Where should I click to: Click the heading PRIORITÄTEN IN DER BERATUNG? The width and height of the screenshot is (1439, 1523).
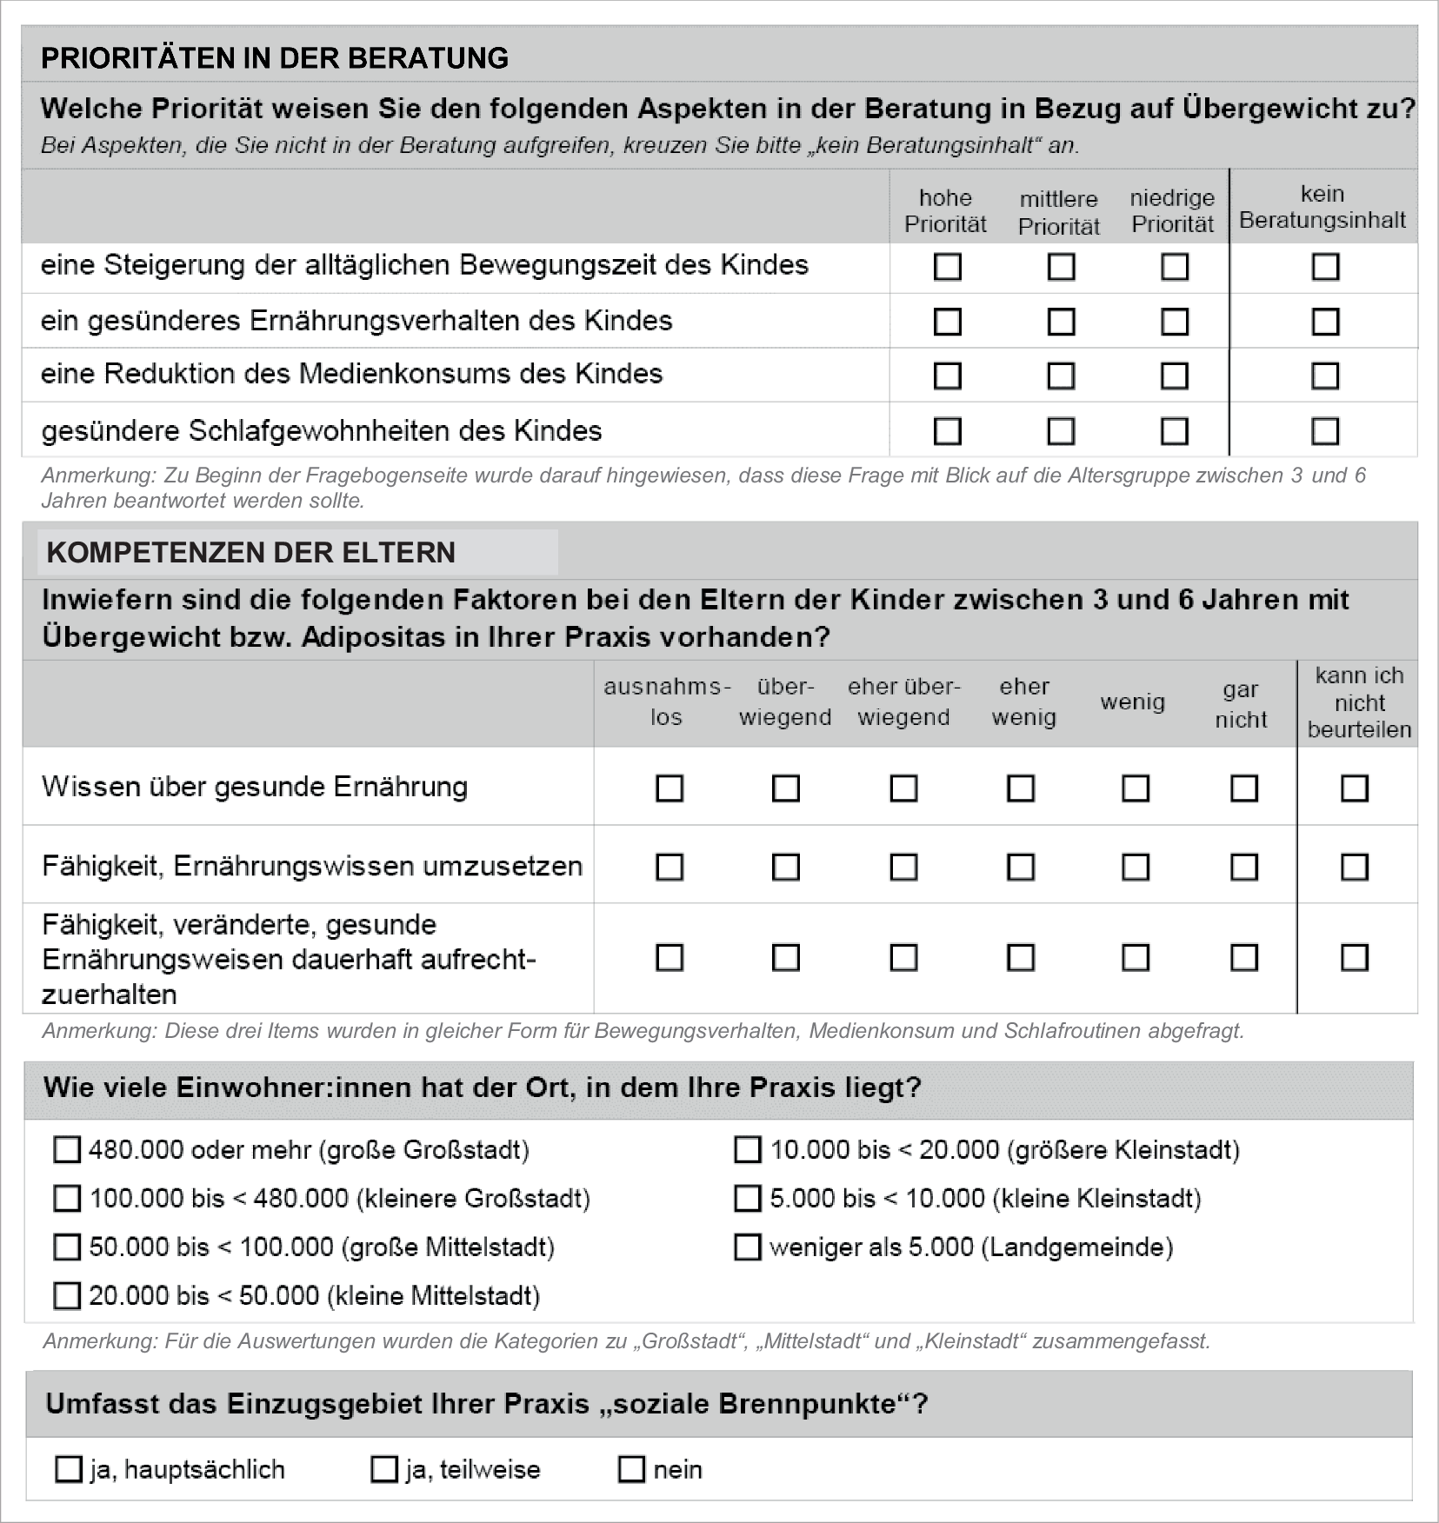pyautogui.click(x=275, y=58)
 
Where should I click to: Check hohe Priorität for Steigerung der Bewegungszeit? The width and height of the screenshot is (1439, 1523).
pyautogui.click(x=947, y=266)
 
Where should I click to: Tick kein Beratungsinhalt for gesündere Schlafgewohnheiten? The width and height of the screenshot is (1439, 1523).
pyautogui.click(x=1324, y=431)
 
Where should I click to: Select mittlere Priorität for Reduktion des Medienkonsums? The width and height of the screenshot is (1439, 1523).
pyautogui.click(x=1060, y=376)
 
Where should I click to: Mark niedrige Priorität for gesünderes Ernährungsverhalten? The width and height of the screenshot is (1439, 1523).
pyautogui.click(x=1174, y=322)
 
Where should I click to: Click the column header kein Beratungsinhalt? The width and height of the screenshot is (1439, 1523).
pyautogui.click(x=1322, y=207)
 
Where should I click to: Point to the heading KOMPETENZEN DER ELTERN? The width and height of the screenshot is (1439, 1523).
pyautogui.click(x=250, y=553)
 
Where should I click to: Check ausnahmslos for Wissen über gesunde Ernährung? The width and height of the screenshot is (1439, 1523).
pyautogui.click(x=669, y=788)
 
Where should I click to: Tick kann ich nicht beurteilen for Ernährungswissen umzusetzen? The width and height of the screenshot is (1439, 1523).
pyautogui.click(x=1354, y=867)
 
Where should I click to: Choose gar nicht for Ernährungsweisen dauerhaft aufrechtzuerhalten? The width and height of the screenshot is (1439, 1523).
pyautogui.click(x=1243, y=957)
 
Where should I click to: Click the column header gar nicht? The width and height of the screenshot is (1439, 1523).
pyautogui.click(x=1241, y=704)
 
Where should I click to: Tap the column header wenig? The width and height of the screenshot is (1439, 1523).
pyautogui.click(x=1132, y=702)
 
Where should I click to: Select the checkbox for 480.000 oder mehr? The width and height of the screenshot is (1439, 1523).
pyautogui.click(x=67, y=1150)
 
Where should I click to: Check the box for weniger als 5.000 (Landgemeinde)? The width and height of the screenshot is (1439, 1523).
pyautogui.click(x=747, y=1247)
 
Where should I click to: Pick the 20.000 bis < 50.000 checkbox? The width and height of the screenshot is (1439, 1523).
pyautogui.click(x=67, y=1296)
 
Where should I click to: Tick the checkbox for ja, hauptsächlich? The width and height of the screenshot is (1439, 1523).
pyautogui.click(x=68, y=1470)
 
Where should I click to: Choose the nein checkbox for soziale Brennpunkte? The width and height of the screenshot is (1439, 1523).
pyautogui.click(x=630, y=1470)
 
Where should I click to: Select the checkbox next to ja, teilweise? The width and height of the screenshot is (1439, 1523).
pyautogui.click(x=383, y=1470)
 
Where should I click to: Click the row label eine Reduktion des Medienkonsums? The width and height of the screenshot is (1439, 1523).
pyautogui.click(x=351, y=375)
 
